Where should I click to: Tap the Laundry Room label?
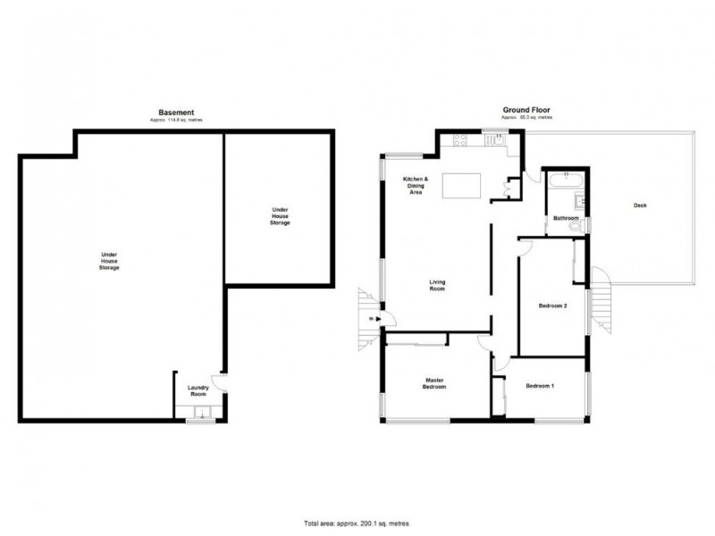pos(198,391)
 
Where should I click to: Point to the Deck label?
pos(639,205)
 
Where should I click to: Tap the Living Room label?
pos(438,286)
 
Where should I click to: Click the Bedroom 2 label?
pos(553,306)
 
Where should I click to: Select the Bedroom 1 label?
pos(540,386)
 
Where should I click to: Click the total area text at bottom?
pos(357,523)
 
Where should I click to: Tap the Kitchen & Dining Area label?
pos(416,185)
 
